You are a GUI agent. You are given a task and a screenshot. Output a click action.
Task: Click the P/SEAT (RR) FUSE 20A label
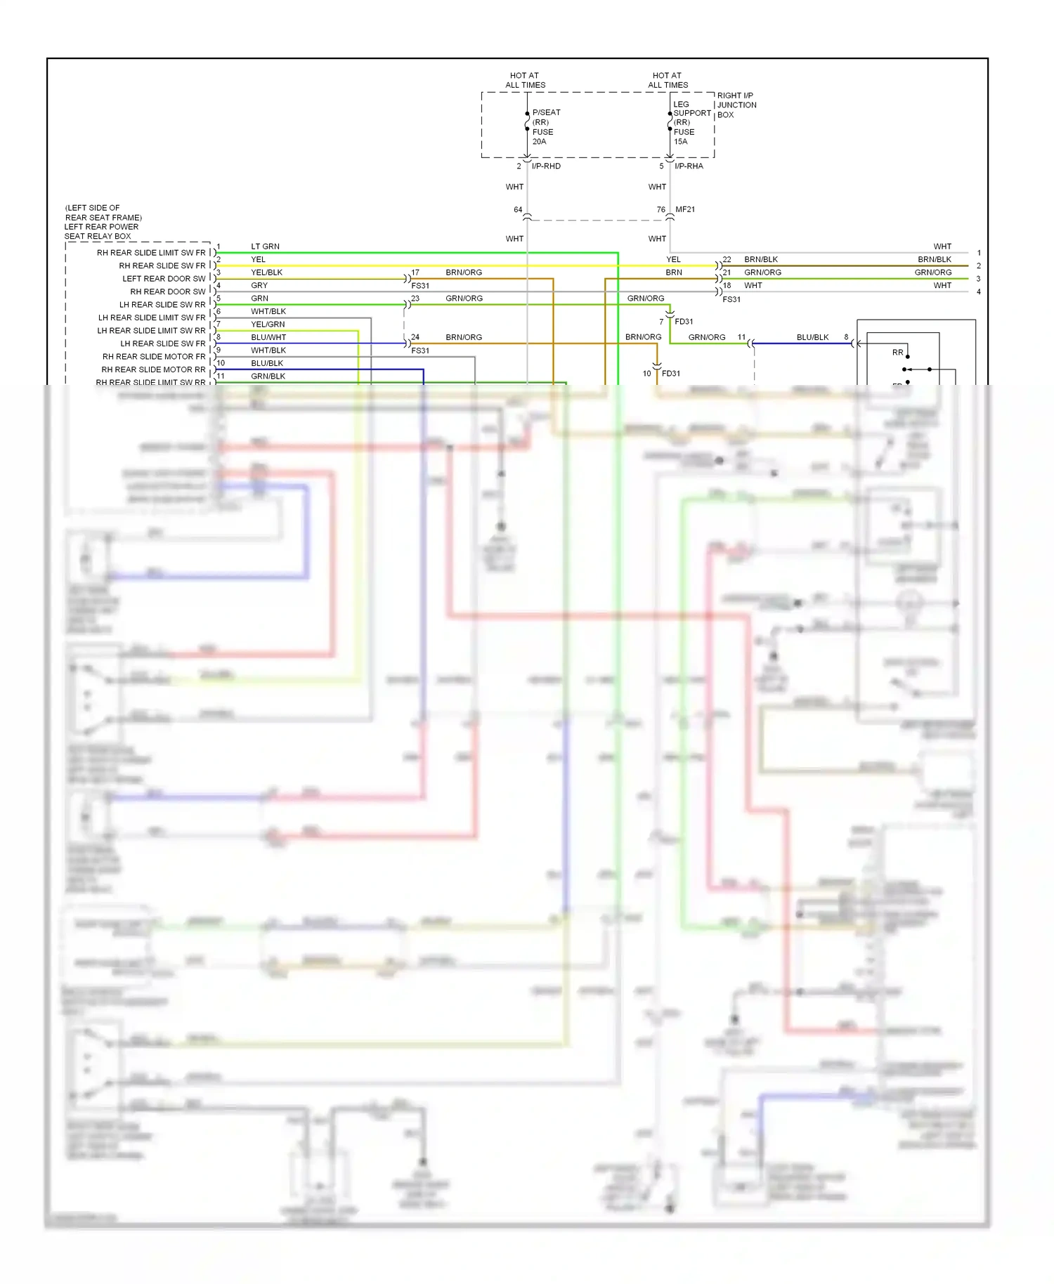click(x=545, y=126)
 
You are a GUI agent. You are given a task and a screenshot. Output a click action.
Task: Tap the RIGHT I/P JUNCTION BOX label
click(x=736, y=105)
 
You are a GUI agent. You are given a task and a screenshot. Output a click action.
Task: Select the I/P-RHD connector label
click(x=546, y=166)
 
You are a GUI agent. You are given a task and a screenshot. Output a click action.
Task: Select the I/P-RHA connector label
click(x=689, y=166)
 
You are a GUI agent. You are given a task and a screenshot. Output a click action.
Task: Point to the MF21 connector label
click(x=685, y=209)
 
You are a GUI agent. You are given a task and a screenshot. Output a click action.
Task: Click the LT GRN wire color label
click(x=265, y=247)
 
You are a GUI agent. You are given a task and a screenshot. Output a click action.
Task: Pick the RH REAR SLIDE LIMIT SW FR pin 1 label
click(x=151, y=253)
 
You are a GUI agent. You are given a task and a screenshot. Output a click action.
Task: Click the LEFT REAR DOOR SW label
click(x=164, y=279)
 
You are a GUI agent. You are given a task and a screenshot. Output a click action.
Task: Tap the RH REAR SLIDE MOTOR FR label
click(x=154, y=357)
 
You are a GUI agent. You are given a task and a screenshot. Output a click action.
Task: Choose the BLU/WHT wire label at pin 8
click(x=268, y=337)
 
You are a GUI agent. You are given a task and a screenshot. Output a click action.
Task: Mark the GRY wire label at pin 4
click(x=259, y=285)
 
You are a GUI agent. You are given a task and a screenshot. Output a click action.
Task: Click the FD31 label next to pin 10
click(x=671, y=374)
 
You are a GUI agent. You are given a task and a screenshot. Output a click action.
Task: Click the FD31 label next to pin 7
click(x=684, y=322)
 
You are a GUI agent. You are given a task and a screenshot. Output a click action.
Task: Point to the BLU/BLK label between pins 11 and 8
click(x=812, y=337)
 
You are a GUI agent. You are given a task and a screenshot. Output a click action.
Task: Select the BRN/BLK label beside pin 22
click(x=761, y=259)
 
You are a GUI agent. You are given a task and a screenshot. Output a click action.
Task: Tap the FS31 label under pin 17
click(x=420, y=286)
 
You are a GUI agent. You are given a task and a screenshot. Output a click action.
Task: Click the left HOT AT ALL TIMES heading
click(x=525, y=80)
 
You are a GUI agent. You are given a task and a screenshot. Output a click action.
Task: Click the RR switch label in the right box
click(x=897, y=353)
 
